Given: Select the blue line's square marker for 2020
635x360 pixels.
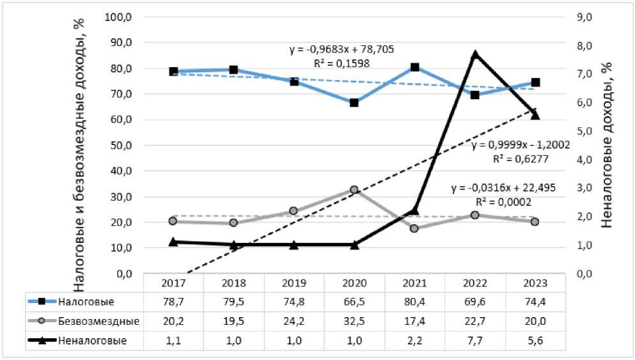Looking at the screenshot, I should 354,102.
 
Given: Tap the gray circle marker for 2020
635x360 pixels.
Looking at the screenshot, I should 354,190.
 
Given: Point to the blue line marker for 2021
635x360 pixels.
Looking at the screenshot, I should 415,67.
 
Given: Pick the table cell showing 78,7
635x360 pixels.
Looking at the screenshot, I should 173,301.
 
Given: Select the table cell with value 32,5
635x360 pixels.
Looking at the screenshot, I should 354,321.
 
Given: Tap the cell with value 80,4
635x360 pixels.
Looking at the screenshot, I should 415,301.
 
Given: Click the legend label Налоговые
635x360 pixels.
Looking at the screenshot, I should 77,301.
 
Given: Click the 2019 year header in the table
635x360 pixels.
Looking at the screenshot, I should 294,282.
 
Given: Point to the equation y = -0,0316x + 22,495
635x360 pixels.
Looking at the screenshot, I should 503,188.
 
